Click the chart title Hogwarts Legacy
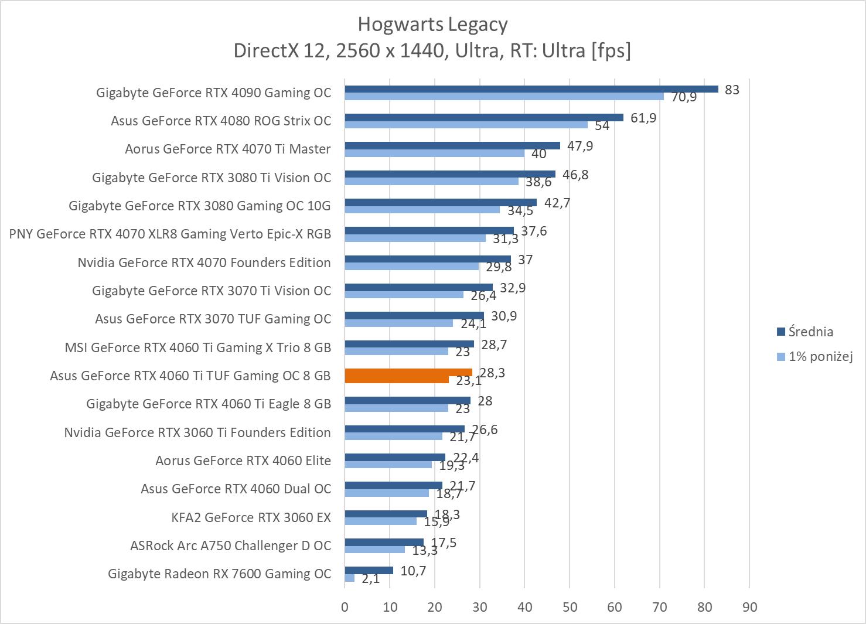(432, 25)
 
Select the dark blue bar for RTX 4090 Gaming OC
(531, 89)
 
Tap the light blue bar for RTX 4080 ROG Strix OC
(466, 125)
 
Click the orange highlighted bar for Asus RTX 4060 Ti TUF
(408, 373)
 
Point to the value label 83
(732, 90)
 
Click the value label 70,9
(684, 97)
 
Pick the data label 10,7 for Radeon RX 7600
(413, 571)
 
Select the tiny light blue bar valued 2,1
(350, 578)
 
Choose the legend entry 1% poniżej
(820, 356)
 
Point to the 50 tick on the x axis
(570, 607)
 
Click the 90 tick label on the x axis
(749, 607)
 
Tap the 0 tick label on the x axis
(345, 607)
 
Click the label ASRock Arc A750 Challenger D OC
(230, 545)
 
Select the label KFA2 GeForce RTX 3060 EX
(251, 517)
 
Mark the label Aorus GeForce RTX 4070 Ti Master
(227, 149)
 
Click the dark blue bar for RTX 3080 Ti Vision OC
(449, 174)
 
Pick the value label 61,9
(643, 118)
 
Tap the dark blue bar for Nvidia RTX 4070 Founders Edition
(427, 259)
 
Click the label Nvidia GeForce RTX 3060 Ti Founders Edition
(197, 432)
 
